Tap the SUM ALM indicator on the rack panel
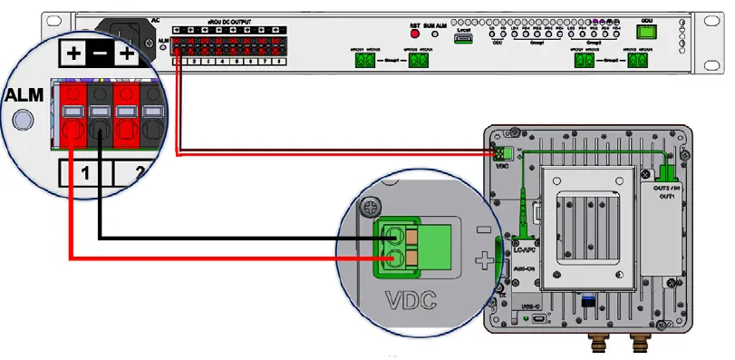point(435,34)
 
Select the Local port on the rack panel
point(463,40)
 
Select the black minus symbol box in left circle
point(101,54)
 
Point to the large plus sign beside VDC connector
point(486,263)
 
